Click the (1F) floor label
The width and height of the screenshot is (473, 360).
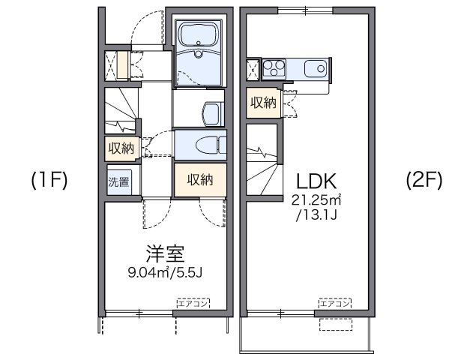click(49, 180)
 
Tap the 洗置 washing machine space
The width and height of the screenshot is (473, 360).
click(119, 181)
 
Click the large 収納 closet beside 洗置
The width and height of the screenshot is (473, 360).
click(200, 180)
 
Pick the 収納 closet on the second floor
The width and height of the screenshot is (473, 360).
click(263, 103)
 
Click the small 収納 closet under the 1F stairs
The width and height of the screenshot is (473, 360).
click(121, 147)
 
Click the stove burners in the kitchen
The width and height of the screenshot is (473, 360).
click(273, 70)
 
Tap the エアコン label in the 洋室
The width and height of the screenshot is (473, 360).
click(193, 303)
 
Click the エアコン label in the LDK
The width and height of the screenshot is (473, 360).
click(334, 303)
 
